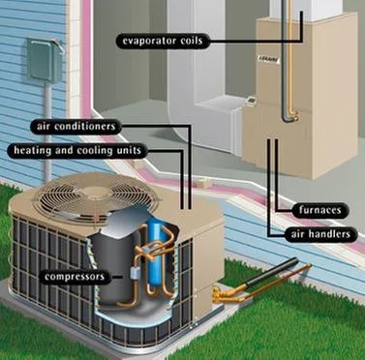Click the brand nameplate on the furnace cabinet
click(273, 56)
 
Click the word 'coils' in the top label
click(189, 41)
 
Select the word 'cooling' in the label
click(116, 151)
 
